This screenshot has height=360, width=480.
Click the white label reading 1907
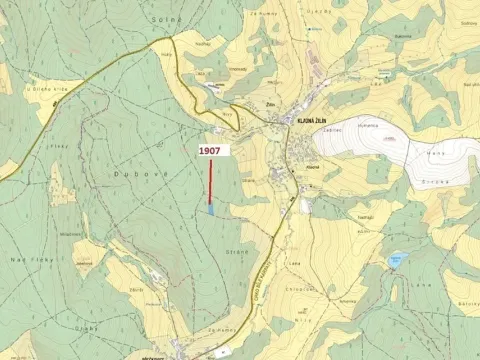[210, 150]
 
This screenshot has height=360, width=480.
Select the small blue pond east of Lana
[396, 261]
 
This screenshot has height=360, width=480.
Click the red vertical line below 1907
[210, 180]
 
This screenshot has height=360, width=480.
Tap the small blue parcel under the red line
[210, 209]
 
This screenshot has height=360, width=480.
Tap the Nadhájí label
[365, 216]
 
